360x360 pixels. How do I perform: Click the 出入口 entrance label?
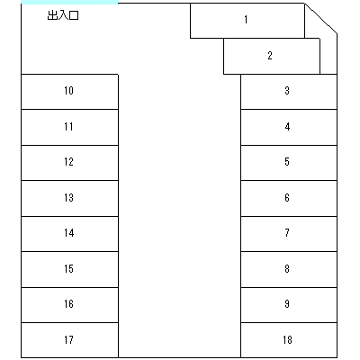click(x=63, y=15)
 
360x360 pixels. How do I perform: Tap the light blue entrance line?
click(x=69, y=3)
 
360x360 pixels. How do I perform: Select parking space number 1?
click(x=247, y=21)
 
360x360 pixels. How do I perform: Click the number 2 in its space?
click(x=270, y=56)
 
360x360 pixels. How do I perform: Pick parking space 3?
click(x=289, y=92)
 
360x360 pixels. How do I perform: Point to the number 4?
click(x=287, y=127)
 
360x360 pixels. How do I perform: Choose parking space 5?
click(x=289, y=163)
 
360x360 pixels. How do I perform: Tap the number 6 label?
click(x=287, y=198)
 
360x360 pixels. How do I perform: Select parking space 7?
click(x=289, y=234)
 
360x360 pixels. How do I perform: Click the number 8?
click(x=287, y=268)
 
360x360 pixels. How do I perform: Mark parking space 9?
click(x=289, y=305)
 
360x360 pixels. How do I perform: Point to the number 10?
click(x=68, y=91)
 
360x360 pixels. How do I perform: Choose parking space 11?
click(x=69, y=128)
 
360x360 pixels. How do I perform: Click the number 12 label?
click(x=68, y=162)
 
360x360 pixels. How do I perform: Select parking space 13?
click(x=69, y=198)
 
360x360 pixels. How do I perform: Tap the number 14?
click(x=68, y=233)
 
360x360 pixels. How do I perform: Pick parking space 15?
click(x=69, y=269)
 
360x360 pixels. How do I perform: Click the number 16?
click(x=68, y=304)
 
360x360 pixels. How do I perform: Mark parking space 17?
click(x=69, y=340)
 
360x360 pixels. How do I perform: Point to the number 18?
click(x=287, y=339)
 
